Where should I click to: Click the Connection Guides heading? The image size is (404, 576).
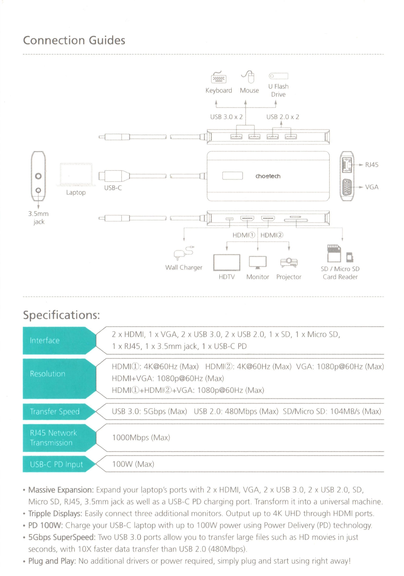[x=74, y=40]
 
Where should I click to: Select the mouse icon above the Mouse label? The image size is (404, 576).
[x=249, y=76]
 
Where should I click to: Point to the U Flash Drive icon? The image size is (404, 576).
[x=278, y=76]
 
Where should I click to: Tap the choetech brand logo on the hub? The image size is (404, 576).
[x=268, y=176]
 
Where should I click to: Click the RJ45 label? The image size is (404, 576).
[x=372, y=165]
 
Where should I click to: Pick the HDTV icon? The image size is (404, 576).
[x=227, y=263]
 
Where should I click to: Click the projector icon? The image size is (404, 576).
[x=289, y=263]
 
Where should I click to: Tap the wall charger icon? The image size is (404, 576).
[x=184, y=253]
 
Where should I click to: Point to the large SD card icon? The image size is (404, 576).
[x=334, y=253]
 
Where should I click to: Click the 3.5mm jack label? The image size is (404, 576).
[x=38, y=218]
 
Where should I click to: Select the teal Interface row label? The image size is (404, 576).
[x=45, y=340]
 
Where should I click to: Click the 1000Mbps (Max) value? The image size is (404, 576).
[x=141, y=438]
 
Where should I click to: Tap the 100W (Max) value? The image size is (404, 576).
[x=133, y=464]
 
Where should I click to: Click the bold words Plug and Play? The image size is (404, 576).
[x=52, y=561]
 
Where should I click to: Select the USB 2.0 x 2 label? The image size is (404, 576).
[x=283, y=117]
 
